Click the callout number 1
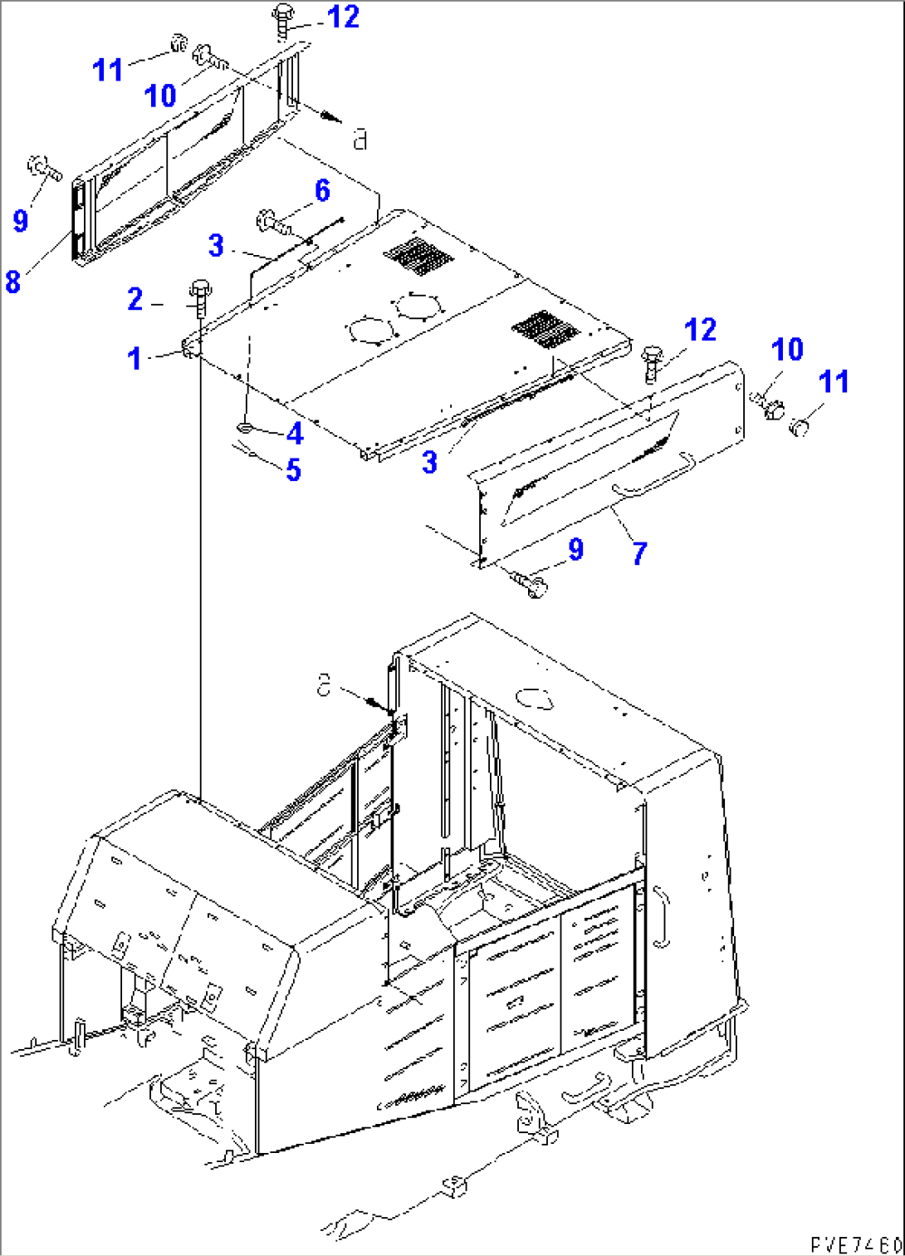click(x=135, y=359)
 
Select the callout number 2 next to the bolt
click(x=135, y=299)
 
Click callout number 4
click(x=294, y=433)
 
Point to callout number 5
click(x=293, y=470)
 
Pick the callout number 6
click(x=321, y=190)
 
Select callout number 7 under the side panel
click(x=638, y=552)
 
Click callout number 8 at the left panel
click(x=12, y=282)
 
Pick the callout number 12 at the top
click(x=343, y=16)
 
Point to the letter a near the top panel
click(x=360, y=139)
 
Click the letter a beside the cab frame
click(x=324, y=685)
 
